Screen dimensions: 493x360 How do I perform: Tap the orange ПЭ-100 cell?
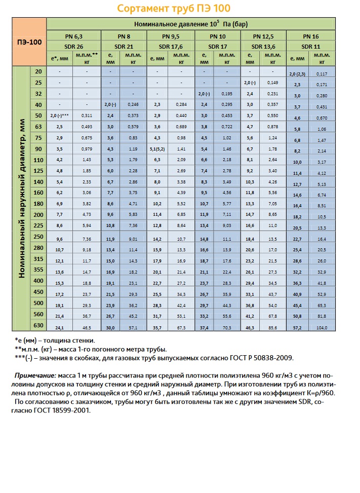29,42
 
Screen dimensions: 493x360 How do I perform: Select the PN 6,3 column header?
74,36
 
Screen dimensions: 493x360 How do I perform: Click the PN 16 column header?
310,36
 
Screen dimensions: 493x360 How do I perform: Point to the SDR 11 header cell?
310,46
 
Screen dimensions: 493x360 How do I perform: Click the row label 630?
38,325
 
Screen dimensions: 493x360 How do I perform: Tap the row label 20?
38,71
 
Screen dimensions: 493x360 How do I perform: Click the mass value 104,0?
323,328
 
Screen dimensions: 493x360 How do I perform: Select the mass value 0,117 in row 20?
323,74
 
